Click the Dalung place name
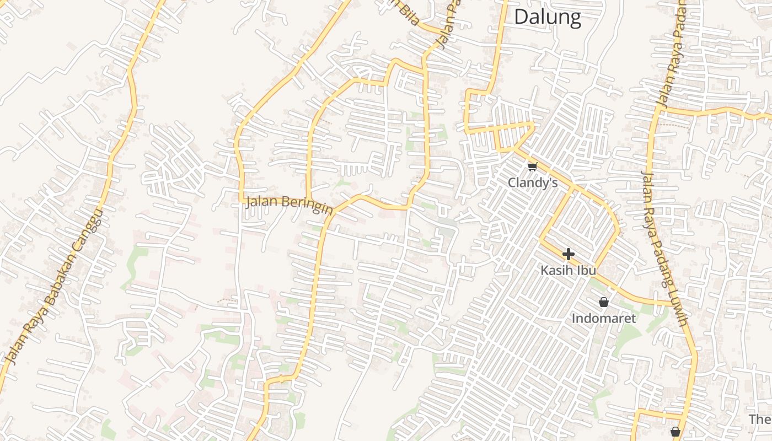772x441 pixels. pos(547,17)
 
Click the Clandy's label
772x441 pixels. pos(533,182)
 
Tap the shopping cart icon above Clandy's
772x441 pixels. pos(532,166)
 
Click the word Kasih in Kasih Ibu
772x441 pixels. pos(557,271)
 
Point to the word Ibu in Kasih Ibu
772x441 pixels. pos(586,271)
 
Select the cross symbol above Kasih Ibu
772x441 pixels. pos(568,254)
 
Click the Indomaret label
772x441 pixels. pos(604,318)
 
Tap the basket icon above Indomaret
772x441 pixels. pos(604,302)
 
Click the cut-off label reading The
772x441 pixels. pos(760,419)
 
